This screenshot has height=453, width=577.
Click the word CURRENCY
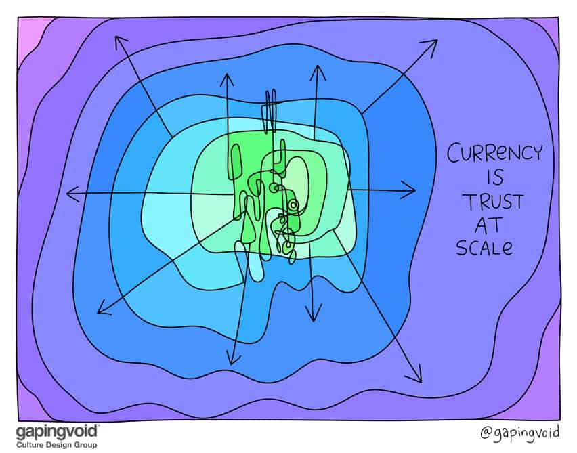click(494, 154)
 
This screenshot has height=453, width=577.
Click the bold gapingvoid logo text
click(58, 431)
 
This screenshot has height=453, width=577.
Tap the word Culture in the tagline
click(31, 444)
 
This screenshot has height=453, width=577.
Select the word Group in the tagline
click(83, 444)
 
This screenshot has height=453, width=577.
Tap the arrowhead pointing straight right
click(410, 190)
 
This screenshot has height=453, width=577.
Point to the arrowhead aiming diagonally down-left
click(102, 311)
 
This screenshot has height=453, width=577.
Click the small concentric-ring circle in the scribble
click(293, 204)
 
